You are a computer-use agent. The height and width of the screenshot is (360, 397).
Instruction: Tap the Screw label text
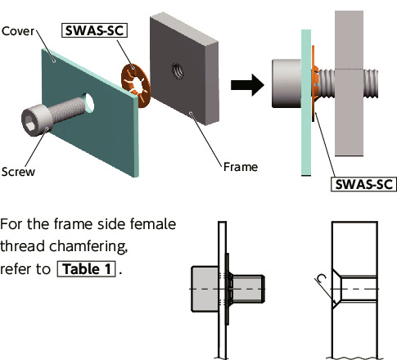(x=18, y=172)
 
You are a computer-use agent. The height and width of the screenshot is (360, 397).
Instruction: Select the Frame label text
(x=241, y=167)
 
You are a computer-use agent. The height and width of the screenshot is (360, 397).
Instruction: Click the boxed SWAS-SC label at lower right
(x=364, y=184)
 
